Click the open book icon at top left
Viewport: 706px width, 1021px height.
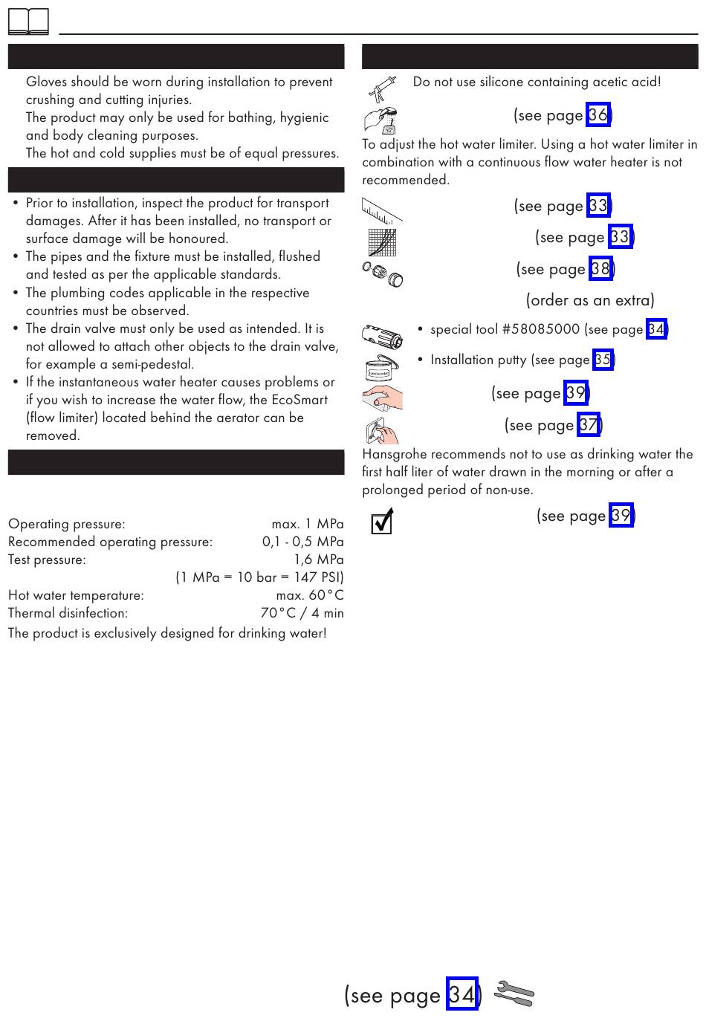click(x=28, y=22)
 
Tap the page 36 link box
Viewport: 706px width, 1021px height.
click(x=597, y=115)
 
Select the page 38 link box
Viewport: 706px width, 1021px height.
click(x=600, y=269)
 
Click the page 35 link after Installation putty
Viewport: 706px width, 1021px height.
click(x=603, y=360)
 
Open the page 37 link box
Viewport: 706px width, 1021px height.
click(x=589, y=425)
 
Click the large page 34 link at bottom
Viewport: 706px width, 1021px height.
click(x=462, y=994)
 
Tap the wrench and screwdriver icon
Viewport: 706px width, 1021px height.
click(x=514, y=994)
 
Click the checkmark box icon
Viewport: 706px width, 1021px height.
click(x=381, y=522)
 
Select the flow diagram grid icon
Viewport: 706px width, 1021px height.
click(x=382, y=242)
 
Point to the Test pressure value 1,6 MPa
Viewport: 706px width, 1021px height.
click(x=318, y=560)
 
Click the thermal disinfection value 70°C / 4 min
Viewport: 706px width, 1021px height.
click(x=302, y=613)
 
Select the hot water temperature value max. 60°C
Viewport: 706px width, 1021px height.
click(x=310, y=595)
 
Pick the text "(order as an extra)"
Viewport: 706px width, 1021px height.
click(x=590, y=300)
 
